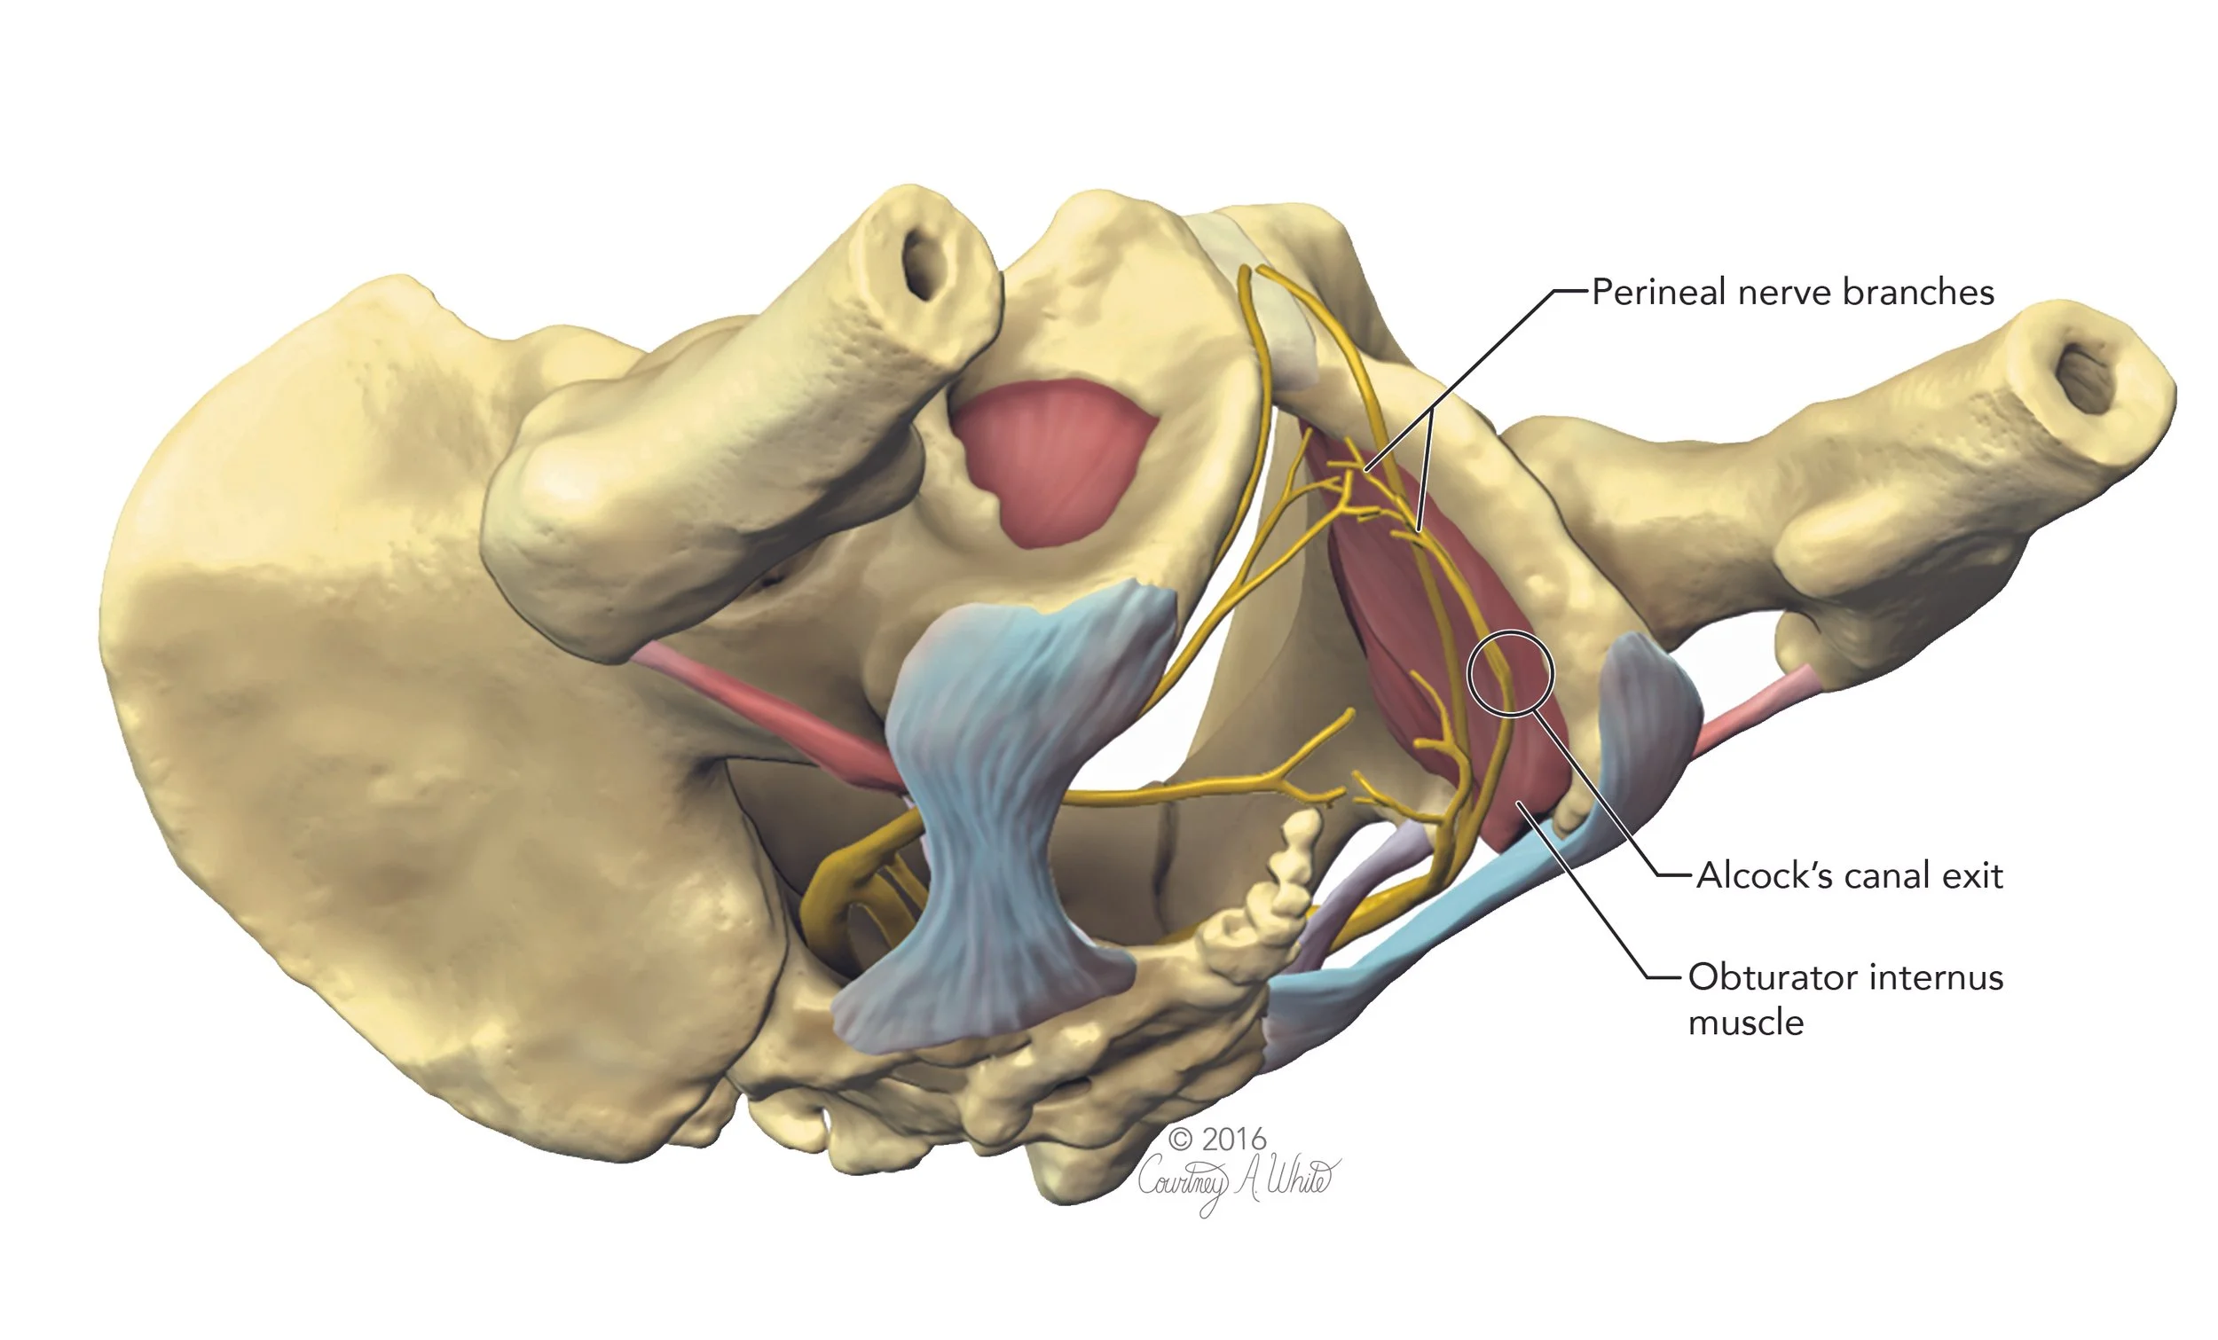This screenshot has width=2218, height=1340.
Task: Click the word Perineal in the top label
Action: click(x=1659, y=293)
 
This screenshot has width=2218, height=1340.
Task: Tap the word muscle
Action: click(x=1745, y=1023)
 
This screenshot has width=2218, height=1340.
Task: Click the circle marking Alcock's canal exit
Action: click(x=1511, y=673)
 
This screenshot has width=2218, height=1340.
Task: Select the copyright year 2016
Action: click(x=1233, y=1140)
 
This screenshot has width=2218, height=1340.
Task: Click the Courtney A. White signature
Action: click(x=1238, y=1179)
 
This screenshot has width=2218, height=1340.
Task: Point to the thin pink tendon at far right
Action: click(x=1755, y=711)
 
